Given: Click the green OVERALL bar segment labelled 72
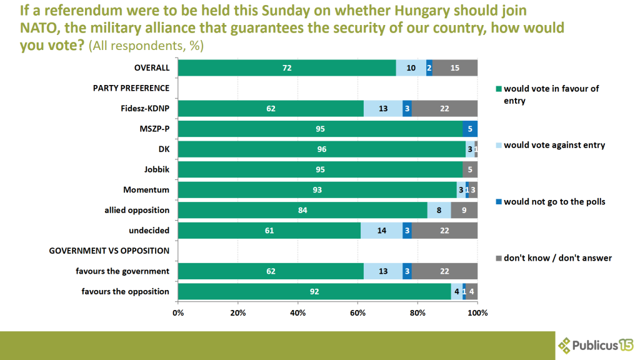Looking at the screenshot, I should [286, 68].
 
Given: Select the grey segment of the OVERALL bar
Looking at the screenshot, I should [454, 68].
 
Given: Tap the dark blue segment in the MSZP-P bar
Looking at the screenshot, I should [470, 129].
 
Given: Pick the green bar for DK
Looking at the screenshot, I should [321, 149].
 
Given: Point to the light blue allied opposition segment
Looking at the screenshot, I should [439, 210].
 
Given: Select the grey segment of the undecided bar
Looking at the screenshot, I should [444, 231].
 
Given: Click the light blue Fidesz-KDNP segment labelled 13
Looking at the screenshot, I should [382, 109].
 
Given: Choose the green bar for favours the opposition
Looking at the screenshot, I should [314, 291].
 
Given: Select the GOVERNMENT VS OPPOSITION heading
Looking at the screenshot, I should [109, 251].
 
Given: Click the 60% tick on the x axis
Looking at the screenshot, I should [357, 312].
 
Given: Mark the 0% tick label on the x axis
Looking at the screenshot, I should [178, 312].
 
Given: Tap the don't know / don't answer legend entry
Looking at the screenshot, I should [553, 257].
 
